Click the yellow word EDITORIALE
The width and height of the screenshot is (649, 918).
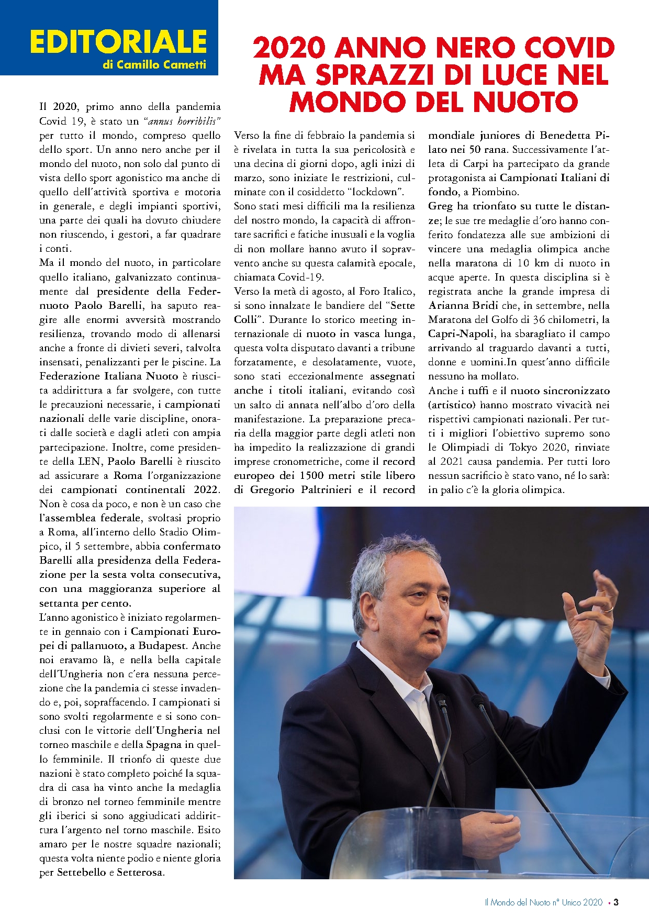[x=118, y=42]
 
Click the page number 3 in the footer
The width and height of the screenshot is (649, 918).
[x=616, y=902]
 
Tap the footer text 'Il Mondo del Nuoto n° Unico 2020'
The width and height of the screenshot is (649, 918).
[x=544, y=902]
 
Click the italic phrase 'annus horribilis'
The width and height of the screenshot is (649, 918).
[x=183, y=121]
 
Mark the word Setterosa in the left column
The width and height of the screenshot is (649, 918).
[x=140, y=872]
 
